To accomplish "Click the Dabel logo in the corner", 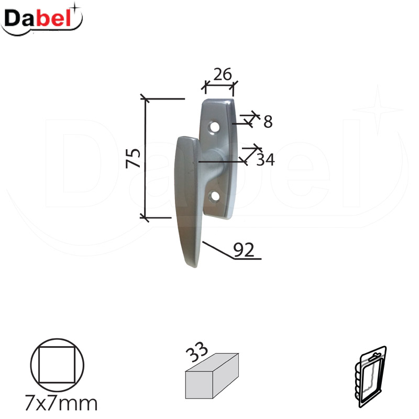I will pos(42,19).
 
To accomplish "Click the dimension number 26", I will pos(223,74).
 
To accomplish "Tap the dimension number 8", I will pos(268,122).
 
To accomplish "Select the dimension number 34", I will pos(266,159).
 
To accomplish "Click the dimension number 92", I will pos(243,250).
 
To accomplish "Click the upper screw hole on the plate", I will pos(215,127).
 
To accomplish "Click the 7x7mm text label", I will pos(61,404).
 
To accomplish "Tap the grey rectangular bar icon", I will pos(212,377).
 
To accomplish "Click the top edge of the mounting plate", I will pos(218,100).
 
